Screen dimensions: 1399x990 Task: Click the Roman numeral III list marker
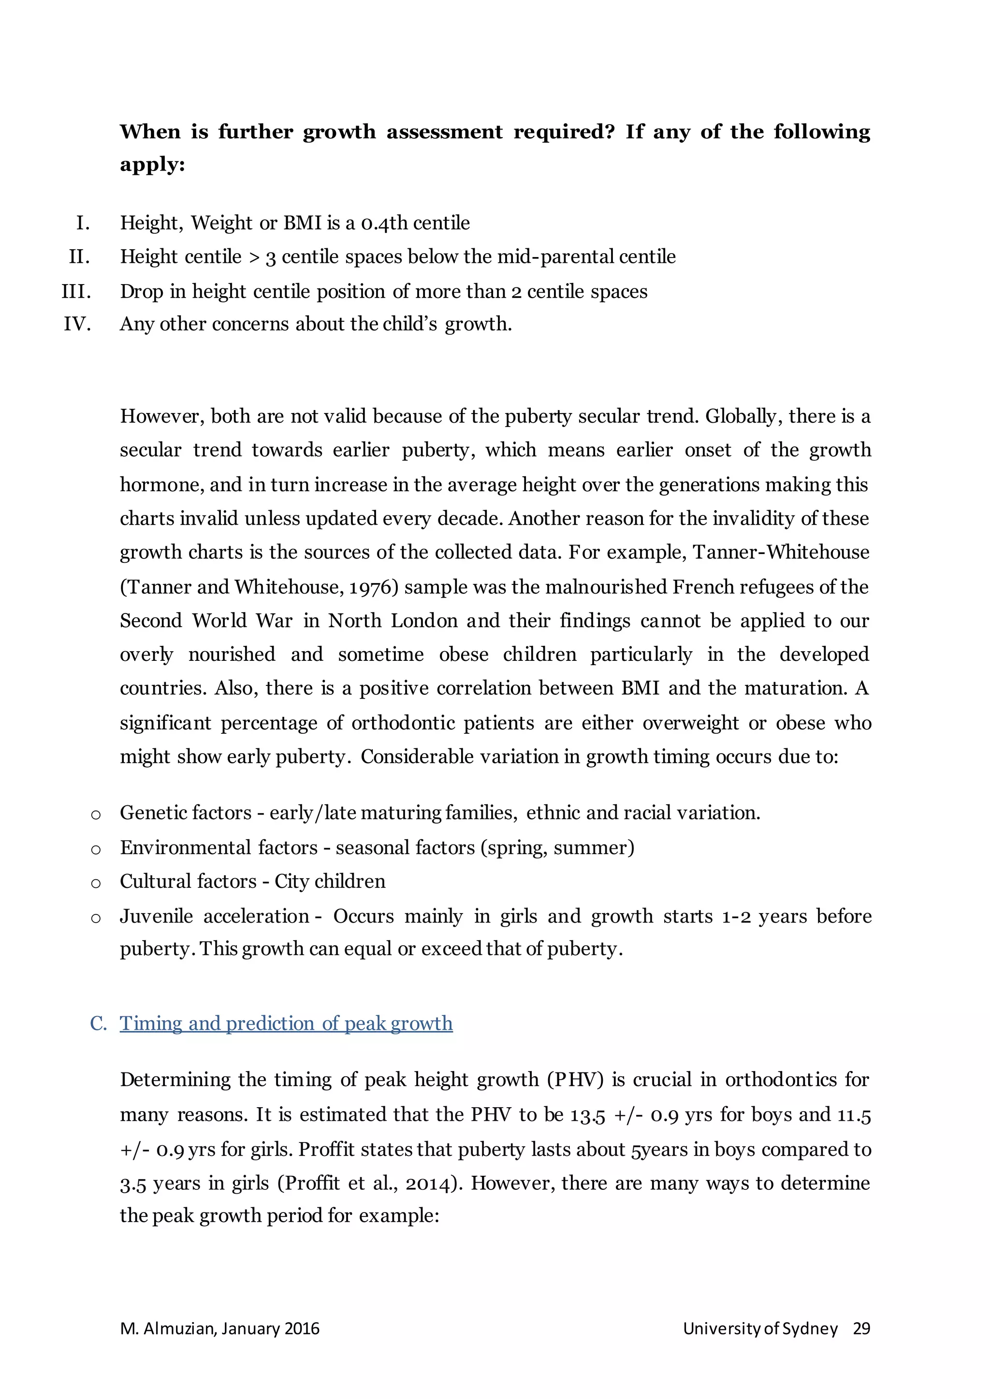76,291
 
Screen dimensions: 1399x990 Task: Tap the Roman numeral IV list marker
77,324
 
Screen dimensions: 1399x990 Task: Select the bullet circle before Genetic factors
96,814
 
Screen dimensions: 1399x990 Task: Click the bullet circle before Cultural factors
96,884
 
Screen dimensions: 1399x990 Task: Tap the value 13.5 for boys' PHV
588,1114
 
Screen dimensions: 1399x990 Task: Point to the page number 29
861,1328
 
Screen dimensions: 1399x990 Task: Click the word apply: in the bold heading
152,165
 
